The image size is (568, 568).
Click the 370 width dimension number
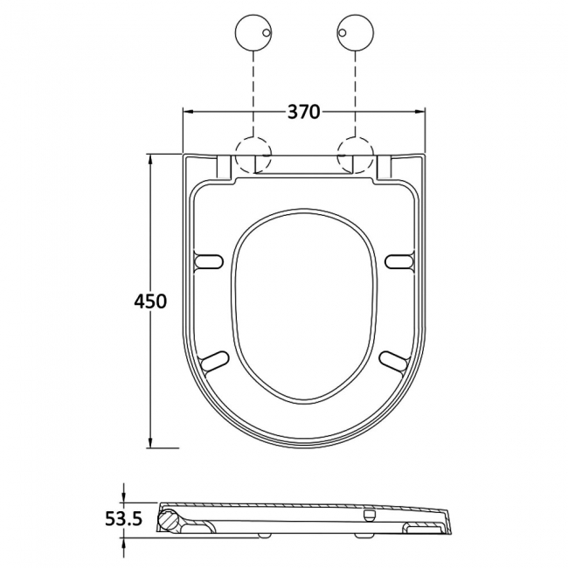(x=303, y=112)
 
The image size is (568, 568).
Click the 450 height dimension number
(x=150, y=301)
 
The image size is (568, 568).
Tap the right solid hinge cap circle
(x=354, y=34)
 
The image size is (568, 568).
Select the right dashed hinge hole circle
(x=354, y=156)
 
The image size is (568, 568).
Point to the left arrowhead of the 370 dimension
(x=186, y=112)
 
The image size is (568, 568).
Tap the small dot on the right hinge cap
(x=344, y=34)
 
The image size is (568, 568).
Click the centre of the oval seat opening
(x=304, y=306)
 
